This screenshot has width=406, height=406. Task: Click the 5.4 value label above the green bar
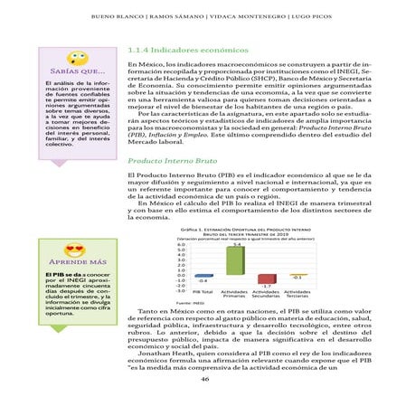(236, 245)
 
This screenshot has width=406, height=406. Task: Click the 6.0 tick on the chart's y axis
(182, 242)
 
